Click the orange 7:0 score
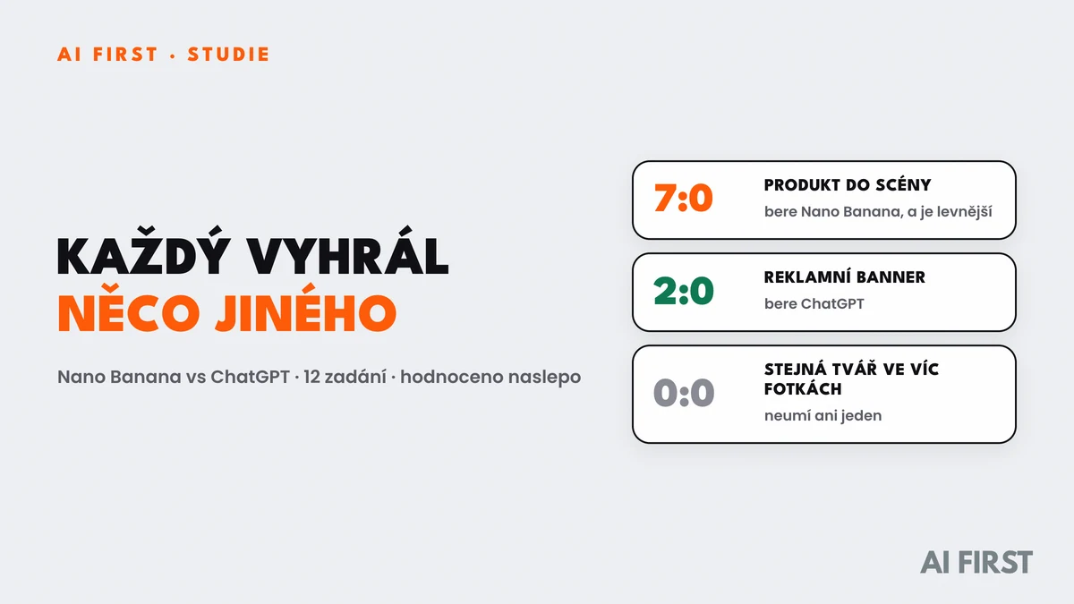(x=683, y=198)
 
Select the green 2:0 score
(x=683, y=291)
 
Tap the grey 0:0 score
(x=683, y=393)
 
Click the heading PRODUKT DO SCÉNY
(x=848, y=184)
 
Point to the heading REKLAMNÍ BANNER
(x=844, y=277)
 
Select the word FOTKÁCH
(x=803, y=388)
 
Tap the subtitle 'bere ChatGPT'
(x=814, y=304)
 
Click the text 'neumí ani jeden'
(x=823, y=415)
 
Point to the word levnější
(x=964, y=211)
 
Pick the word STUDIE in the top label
(x=229, y=55)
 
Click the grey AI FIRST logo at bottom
(x=976, y=562)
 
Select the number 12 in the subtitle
(x=311, y=377)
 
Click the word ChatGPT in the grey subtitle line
(x=250, y=377)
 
